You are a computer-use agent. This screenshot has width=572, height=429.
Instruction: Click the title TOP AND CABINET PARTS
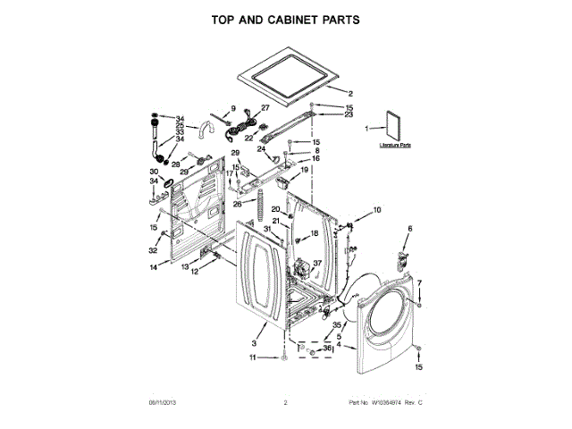click(x=286, y=18)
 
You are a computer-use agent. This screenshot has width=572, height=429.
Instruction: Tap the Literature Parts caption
click(x=394, y=144)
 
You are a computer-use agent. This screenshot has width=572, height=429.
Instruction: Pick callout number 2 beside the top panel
click(x=351, y=94)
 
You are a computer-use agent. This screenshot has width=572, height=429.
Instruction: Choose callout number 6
click(x=410, y=230)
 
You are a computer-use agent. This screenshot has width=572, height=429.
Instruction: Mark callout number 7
click(x=419, y=283)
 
